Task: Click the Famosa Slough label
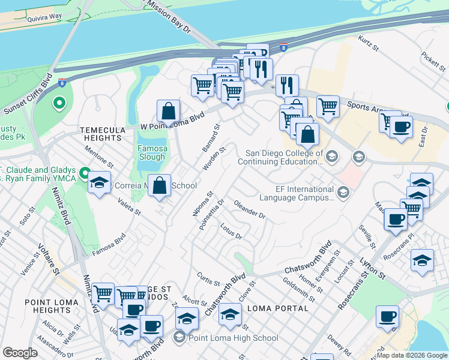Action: click(x=151, y=152)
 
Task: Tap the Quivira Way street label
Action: click(x=46, y=19)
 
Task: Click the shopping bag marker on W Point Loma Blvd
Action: click(x=169, y=111)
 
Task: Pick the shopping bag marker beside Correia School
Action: click(x=160, y=185)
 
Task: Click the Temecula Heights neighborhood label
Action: click(x=103, y=133)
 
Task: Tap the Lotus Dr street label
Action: click(x=231, y=231)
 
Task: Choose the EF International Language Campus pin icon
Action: click(x=343, y=193)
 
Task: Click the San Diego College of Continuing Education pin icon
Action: click(x=333, y=157)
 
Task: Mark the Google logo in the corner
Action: click(x=20, y=353)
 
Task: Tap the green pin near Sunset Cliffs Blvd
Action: click(x=59, y=103)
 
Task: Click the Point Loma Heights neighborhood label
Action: click(x=47, y=306)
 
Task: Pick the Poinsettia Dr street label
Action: click(x=213, y=213)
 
